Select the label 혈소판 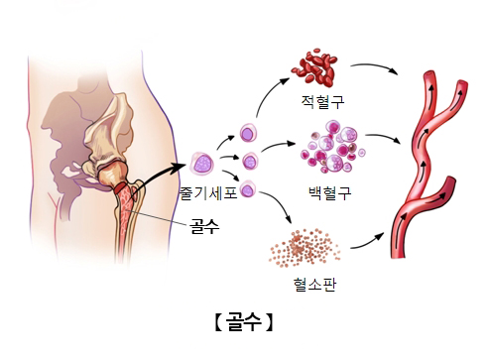(313, 284)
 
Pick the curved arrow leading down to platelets (281, 210)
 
